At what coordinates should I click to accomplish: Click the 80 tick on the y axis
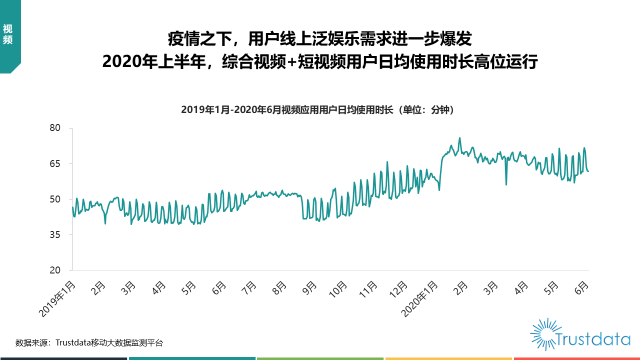54,128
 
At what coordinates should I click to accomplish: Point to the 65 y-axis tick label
54,163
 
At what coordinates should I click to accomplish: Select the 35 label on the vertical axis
54,234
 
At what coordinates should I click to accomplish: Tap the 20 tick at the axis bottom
54,270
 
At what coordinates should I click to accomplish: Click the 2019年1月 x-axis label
58,298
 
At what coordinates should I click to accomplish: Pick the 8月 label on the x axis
280,288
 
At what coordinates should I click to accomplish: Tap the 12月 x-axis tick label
399,289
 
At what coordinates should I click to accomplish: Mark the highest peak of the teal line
459,138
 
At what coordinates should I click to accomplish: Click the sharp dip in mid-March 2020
506,184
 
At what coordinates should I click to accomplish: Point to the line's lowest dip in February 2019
105,223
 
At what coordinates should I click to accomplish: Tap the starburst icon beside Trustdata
543,333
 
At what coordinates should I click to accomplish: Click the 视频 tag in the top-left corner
7,34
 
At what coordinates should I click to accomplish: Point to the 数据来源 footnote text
89,343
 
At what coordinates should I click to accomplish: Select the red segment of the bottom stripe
576,358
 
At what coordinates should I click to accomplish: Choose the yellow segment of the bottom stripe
448,358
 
